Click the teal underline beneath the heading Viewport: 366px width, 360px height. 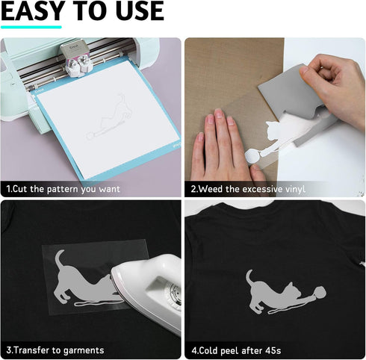[x=31, y=27]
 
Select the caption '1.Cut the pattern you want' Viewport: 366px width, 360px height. [x=63, y=189]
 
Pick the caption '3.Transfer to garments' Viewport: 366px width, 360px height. [x=55, y=349]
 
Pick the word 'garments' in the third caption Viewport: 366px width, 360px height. [x=81, y=349]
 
